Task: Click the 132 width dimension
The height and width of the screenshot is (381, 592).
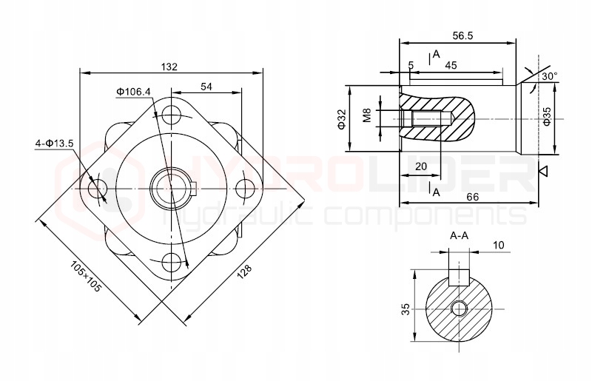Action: point(169,67)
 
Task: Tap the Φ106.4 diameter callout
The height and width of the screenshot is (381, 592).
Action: point(133,92)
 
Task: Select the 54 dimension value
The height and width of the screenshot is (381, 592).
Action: point(206,87)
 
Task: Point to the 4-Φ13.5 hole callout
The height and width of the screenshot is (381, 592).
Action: point(54,143)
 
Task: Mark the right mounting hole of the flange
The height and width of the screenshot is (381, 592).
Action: point(246,189)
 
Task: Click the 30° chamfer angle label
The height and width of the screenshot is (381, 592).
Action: point(548,76)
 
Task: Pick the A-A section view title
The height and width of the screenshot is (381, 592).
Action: point(459,236)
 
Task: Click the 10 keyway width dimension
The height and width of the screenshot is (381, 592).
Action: point(498,245)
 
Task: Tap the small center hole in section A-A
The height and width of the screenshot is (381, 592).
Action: point(460,308)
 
